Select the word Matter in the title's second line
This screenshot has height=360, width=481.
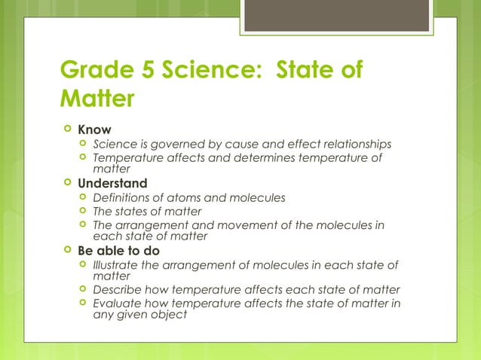click(x=97, y=99)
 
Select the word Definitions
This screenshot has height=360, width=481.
click(x=124, y=197)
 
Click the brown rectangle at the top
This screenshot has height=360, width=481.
click(x=336, y=16)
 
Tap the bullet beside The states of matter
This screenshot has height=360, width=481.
click(x=82, y=211)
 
